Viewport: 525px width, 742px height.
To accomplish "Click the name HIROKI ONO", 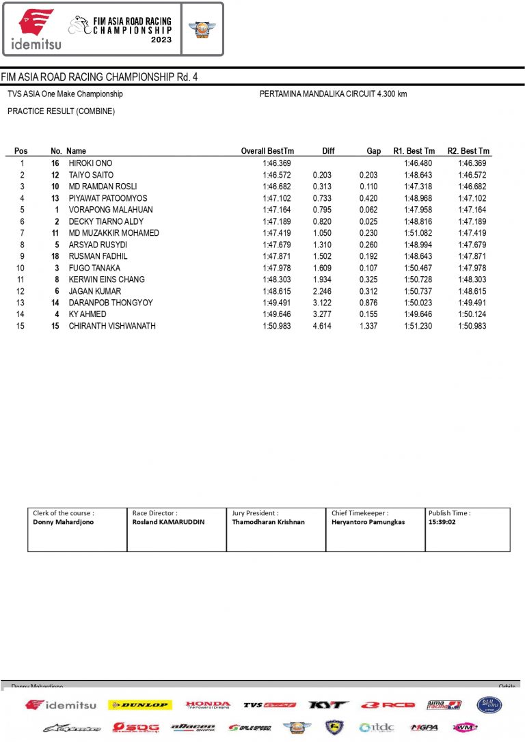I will pos(90,163).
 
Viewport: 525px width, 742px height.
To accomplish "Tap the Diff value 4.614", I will pos(323,326).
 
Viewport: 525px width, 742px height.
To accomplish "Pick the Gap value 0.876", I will pos(368,303).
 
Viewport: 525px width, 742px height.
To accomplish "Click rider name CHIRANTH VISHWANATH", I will pos(112,326).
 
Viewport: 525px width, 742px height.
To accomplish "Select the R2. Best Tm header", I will pos(468,151).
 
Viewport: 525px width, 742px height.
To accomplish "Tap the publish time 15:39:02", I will pos(442,522).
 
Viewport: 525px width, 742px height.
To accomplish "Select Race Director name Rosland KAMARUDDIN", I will pos(168,522).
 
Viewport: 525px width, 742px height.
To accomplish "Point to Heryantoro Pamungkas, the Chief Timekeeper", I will pos(368,522).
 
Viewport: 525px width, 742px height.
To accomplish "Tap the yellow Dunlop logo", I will pos(140,704).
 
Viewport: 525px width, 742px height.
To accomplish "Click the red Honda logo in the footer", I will pos(208,704).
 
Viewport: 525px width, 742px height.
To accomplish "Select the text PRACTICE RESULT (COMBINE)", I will pos(61,111).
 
